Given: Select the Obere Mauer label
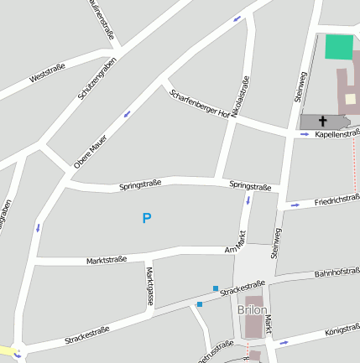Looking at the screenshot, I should tap(91, 151).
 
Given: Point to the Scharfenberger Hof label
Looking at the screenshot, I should tap(200, 102).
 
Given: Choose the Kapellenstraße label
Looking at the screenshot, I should tap(337, 132).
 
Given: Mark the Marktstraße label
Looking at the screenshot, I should tap(107, 260).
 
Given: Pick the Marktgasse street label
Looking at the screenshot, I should tap(150, 285).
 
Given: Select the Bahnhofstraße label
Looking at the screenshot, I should tap(337, 272).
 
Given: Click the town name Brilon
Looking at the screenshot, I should tap(253, 310).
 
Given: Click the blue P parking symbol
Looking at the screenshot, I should tap(147, 219).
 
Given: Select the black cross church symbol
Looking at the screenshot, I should tap(323, 122).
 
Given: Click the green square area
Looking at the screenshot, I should tap(340, 47).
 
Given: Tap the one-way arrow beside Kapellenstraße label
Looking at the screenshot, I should tap(305, 134).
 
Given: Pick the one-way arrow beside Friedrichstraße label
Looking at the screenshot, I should tap(294, 205).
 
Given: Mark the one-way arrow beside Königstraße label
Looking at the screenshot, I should tap(284, 342).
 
